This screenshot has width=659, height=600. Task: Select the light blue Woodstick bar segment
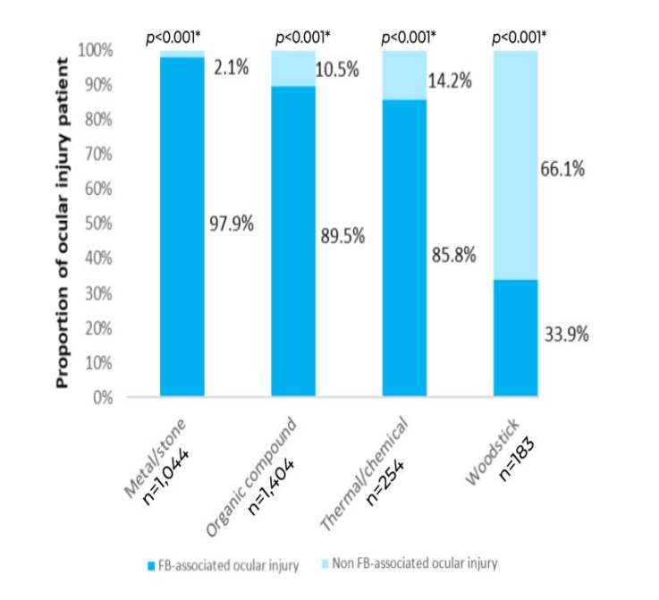coord(516,165)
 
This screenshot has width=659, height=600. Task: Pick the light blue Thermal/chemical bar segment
coord(404,75)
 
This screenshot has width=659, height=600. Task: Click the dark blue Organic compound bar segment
coord(292,241)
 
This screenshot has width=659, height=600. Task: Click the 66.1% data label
coord(564,167)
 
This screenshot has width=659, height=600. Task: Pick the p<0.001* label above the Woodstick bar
coord(520,37)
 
